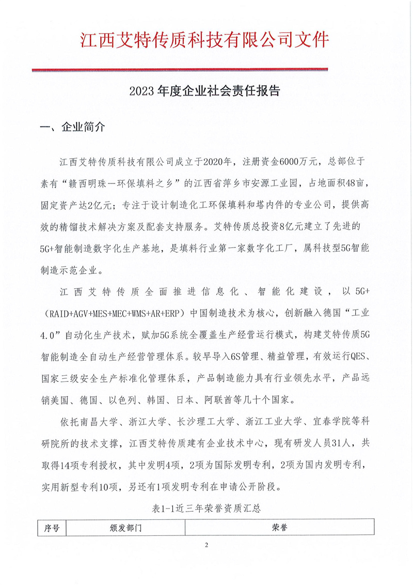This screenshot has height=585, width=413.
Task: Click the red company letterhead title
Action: click(x=205, y=40)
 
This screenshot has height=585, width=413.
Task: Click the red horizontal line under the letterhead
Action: click(x=180, y=69)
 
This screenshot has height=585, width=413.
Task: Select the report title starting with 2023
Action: click(x=204, y=91)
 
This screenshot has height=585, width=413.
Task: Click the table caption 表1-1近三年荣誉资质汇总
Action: click(x=206, y=509)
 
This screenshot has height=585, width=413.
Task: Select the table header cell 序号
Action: click(x=52, y=528)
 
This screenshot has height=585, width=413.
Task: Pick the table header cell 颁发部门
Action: click(x=125, y=528)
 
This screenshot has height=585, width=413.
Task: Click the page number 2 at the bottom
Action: click(x=206, y=546)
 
